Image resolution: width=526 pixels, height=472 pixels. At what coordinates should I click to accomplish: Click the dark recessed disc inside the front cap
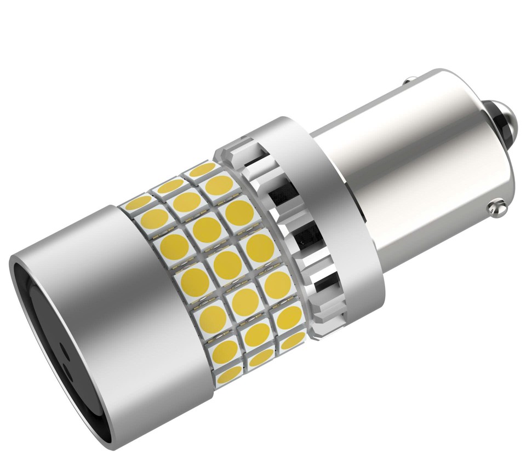click(x=60, y=350)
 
